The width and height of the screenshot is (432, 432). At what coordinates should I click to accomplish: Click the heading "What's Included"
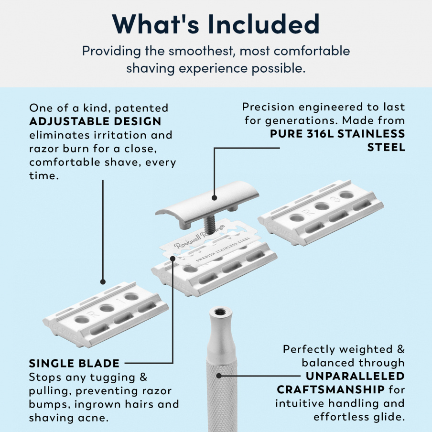coord(216,24)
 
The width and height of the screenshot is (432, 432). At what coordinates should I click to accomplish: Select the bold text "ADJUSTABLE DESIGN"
coord(95,121)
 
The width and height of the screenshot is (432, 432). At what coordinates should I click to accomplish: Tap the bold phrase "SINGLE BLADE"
coord(74,363)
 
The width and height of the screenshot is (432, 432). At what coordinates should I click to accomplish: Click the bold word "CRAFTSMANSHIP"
coord(330,389)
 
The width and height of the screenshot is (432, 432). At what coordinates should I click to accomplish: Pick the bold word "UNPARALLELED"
coord(355,376)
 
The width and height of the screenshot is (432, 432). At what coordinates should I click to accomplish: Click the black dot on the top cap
coord(214,196)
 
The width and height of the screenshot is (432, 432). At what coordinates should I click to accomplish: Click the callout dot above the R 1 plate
coord(103,282)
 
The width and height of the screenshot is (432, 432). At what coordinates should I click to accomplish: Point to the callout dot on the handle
coord(219,375)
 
